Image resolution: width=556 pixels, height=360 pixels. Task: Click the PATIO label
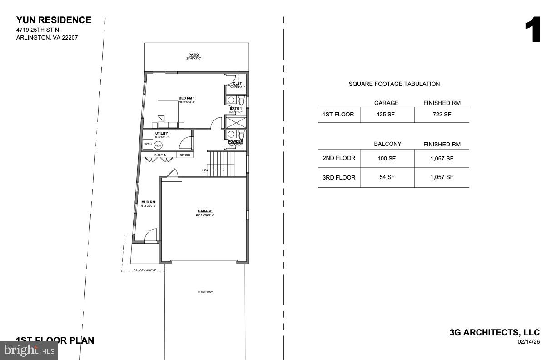[194, 55]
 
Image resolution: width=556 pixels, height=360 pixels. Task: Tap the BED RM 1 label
[187, 99]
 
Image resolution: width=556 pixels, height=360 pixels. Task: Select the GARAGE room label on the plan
[205, 211]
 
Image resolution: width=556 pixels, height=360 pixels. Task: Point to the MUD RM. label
[149, 202]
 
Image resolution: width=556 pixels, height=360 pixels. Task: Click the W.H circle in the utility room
[158, 145]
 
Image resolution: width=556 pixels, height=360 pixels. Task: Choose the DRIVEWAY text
[205, 292]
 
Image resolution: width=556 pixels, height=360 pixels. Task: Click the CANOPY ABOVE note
[144, 270]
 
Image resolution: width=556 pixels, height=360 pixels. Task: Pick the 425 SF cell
[386, 115]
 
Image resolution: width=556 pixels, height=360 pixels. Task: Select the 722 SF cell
[442, 115]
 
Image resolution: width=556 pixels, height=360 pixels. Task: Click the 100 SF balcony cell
[387, 158]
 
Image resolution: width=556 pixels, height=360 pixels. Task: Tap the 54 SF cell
[387, 177]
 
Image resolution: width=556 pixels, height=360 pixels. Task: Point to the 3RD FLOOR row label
[339, 178]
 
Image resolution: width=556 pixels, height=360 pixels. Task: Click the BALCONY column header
[387, 144]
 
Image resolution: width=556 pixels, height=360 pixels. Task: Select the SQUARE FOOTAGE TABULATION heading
[394, 84]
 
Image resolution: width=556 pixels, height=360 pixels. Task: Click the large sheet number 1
[532, 30]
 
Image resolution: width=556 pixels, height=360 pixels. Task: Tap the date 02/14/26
[528, 342]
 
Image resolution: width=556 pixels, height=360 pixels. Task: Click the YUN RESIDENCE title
[54, 20]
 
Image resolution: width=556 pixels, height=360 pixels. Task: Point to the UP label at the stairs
[204, 170]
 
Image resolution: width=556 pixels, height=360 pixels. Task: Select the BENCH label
[185, 155]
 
